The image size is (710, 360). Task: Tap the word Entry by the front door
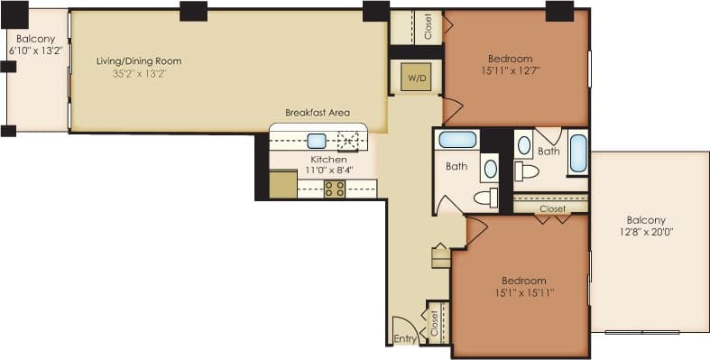tap(403, 339)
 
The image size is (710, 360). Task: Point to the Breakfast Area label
tap(317, 113)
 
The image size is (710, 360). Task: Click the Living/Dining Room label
tap(139, 61)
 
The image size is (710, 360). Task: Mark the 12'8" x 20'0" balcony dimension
tap(646, 232)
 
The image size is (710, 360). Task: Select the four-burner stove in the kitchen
tap(334, 189)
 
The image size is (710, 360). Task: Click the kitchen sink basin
tap(316, 141)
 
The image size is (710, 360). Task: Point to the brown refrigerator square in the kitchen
tap(282, 184)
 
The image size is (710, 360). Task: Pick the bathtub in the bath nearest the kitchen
tap(456, 140)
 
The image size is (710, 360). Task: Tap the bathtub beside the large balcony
tap(577, 152)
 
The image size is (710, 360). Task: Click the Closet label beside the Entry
tap(434, 322)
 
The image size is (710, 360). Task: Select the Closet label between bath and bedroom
tap(552, 208)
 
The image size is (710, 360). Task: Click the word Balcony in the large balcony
tap(646, 220)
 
